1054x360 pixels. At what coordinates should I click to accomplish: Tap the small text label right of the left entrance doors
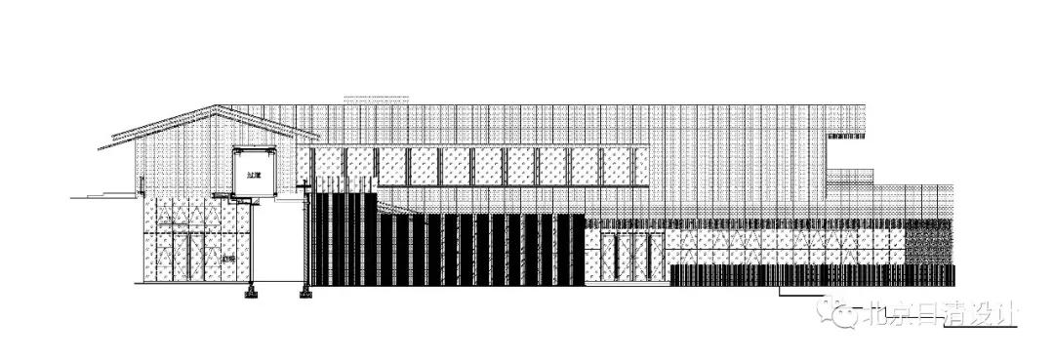click(227, 258)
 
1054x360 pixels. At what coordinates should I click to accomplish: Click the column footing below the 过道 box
click(252, 290)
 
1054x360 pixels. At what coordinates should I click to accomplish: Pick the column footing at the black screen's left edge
click(305, 290)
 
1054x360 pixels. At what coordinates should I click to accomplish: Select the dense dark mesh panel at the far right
click(927, 240)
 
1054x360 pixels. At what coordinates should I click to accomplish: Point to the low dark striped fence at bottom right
click(810, 275)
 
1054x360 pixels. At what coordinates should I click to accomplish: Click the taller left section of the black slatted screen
click(342, 239)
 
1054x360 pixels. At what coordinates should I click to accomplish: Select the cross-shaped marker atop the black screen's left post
click(305, 184)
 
